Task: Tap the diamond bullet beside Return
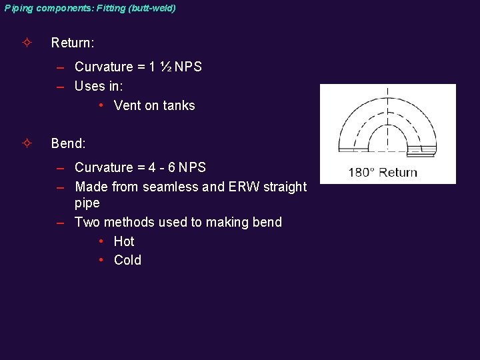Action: tap(26, 43)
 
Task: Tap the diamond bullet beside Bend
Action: tap(26, 143)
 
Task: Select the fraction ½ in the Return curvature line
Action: tap(167, 67)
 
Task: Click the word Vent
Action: tap(127, 105)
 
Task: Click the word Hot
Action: tap(124, 241)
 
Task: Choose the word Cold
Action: tap(127, 260)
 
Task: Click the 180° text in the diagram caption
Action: tap(362, 173)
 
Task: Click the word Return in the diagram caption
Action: tap(398, 173)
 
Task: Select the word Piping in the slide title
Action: tap(17, 9)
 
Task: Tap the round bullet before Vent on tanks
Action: tap(100, 105)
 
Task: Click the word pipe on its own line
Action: tap(87, 203)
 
